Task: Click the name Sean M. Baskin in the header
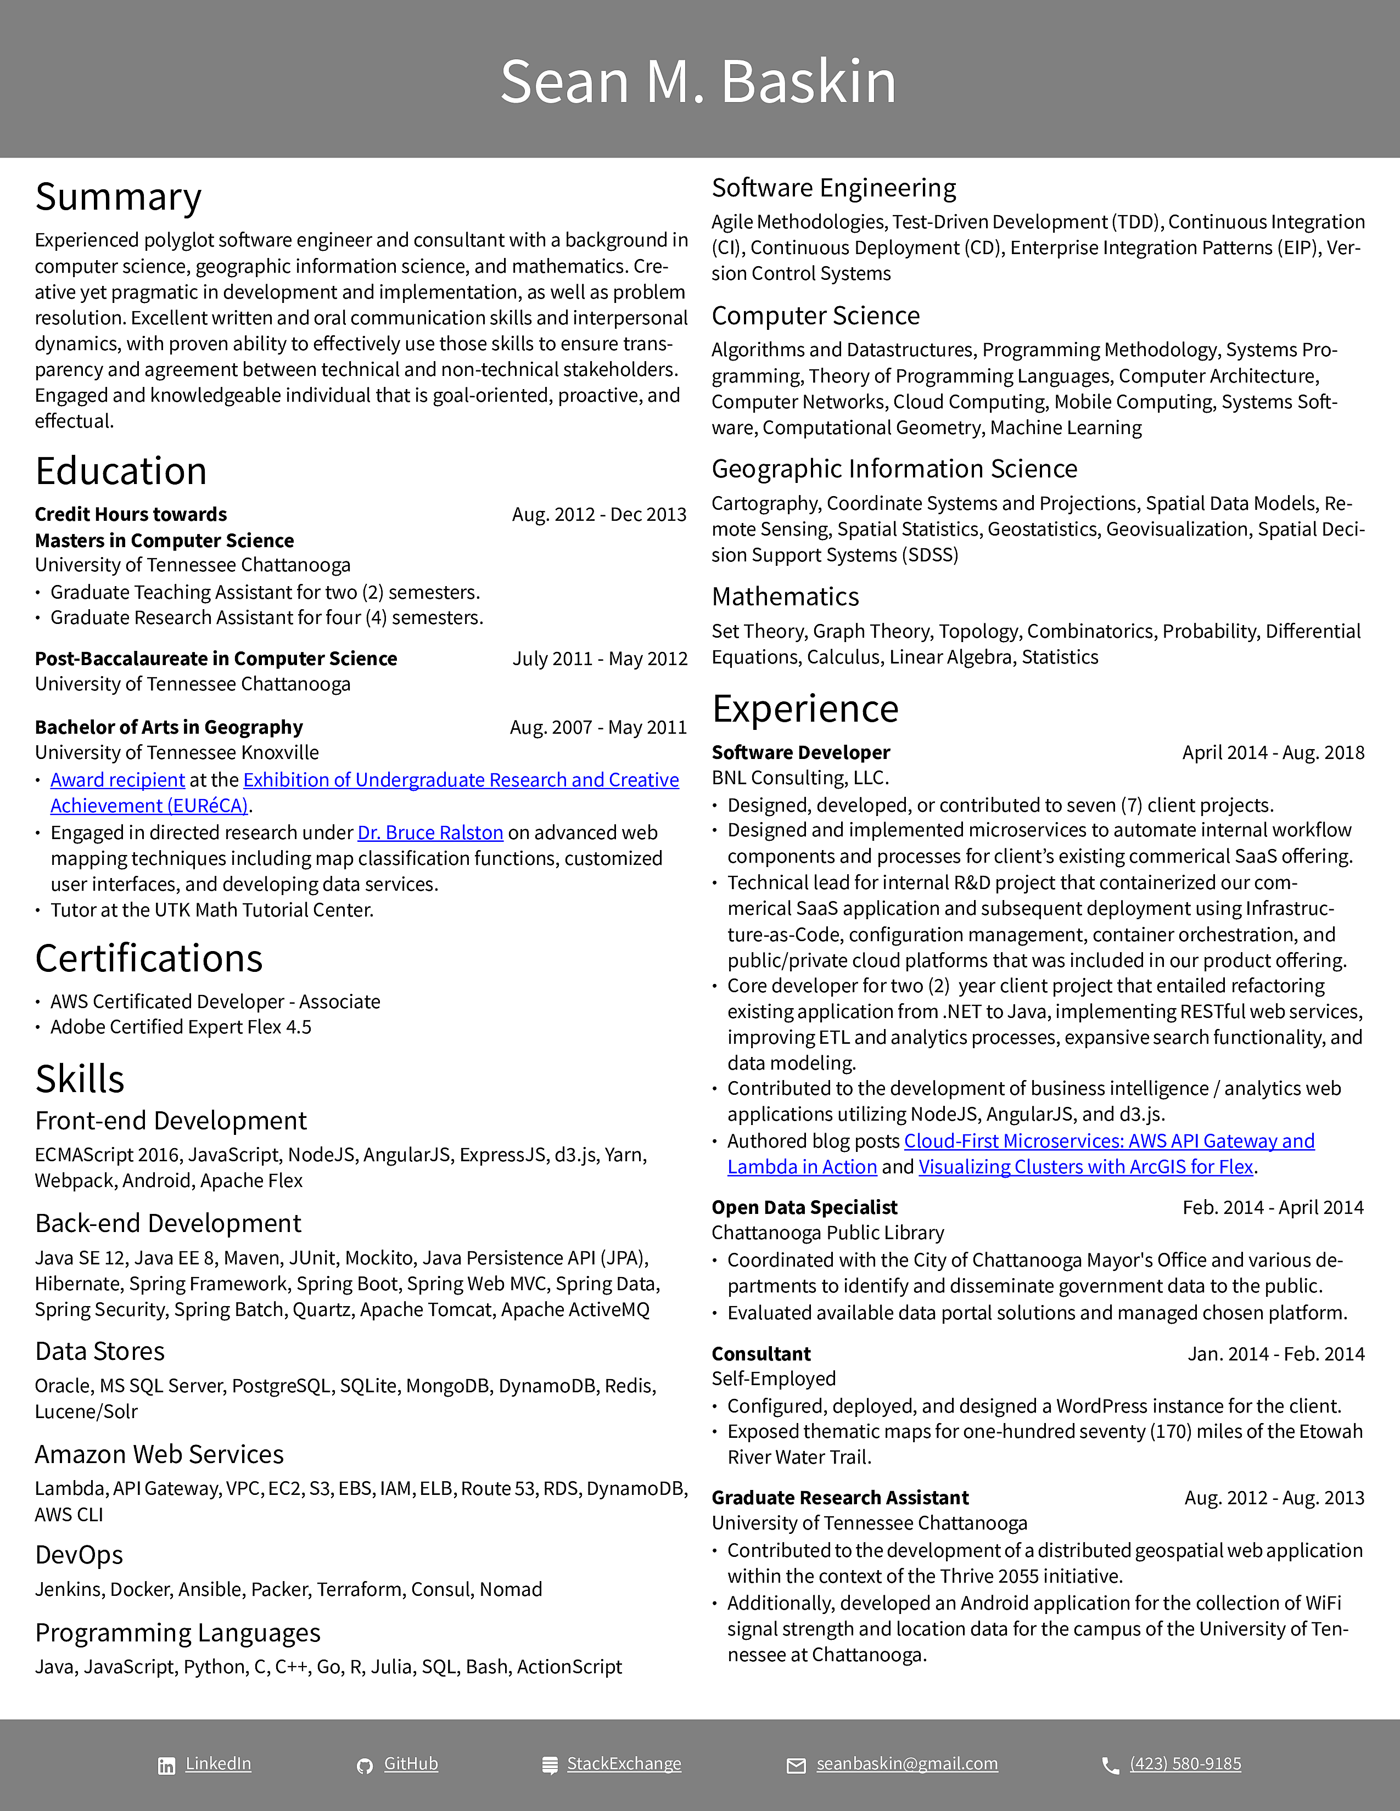click(x=698, y=82)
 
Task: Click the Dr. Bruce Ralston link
click(x=430, y=833)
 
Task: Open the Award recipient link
click(x=118, y=780)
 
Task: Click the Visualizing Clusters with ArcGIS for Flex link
click(x=1085, y=1167)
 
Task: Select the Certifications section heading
click(x=149, y=959)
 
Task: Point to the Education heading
click(x=121, y=471)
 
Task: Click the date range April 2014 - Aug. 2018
click(x=1273, y=753)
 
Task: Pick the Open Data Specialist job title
click(x=804, y=1207)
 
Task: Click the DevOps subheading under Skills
click(x=80, y=1555)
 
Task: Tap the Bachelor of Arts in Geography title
click(x=169, y=727)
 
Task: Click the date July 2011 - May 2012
click(x=600, y=659)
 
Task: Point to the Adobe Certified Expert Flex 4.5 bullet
click(x=181, y=1027)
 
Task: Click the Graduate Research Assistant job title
click(x=840, y=1498)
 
